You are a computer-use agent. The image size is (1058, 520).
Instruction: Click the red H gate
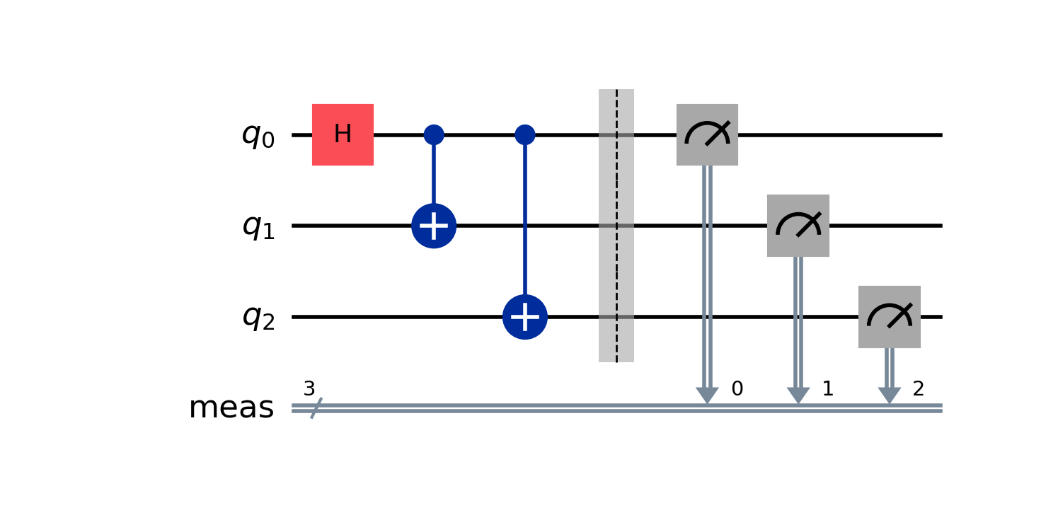343,134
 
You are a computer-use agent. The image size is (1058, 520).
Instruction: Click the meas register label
231,408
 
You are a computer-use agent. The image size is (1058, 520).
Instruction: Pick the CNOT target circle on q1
434,226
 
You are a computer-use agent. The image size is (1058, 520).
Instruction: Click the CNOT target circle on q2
524,317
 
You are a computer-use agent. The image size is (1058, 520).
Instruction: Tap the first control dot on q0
434,134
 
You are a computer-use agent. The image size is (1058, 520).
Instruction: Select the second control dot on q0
524,134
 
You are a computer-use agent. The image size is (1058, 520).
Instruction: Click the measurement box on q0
707,134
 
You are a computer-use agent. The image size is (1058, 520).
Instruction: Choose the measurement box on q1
798,226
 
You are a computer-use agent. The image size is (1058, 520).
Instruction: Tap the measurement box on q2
889,317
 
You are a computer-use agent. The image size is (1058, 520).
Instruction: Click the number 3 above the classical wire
309,389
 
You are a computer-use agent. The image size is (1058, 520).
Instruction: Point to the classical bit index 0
737,388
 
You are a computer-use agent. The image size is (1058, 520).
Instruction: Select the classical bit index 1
827,388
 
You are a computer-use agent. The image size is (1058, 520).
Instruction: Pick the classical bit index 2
919,388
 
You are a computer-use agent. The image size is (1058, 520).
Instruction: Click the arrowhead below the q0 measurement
707,395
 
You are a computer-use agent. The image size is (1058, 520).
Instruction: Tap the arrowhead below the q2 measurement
889,395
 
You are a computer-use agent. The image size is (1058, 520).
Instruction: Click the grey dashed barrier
616,226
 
